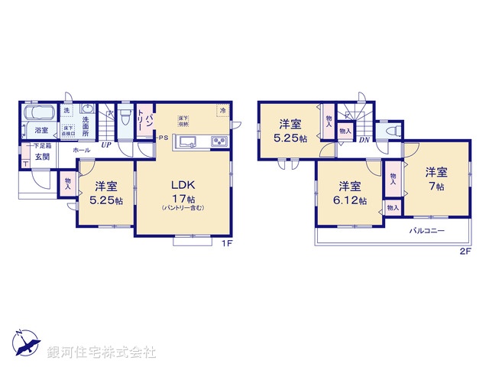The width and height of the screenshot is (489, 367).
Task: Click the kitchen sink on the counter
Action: (188, 141)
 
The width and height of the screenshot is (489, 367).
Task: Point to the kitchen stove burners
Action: (218, 141)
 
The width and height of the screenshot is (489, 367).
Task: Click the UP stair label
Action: (105, 146)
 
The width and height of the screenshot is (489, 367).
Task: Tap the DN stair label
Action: (364, 140)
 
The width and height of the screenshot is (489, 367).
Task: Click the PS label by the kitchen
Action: (163, 138)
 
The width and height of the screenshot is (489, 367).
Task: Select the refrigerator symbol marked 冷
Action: (222, 111)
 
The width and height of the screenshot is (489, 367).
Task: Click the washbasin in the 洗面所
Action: (86, 108)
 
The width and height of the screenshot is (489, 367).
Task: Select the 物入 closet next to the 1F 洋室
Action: (67, 183)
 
